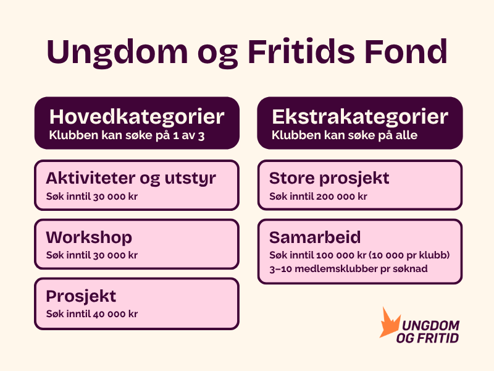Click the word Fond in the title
(x=406, y=51)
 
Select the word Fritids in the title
(x=301, y=51)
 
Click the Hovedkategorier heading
(x=136, y=117)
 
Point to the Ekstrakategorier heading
(x=360, y=117)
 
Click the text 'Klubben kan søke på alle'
(x=345, y=135)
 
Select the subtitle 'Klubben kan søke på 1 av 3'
(x=127, y=135)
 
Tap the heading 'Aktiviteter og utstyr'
(x=131, y=179)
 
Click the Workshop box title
(x=89, y=238)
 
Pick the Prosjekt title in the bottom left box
(x=81, y=297)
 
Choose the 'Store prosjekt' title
(x=329, y=179)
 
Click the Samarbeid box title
(x=315, y=237)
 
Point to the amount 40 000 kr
(x=115, y=314)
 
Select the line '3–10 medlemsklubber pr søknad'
(x=348, y=269)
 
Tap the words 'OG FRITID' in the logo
(x=427, y=338)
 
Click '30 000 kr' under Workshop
(x=115, y=255)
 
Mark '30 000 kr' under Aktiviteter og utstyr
(x=115, y=196)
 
